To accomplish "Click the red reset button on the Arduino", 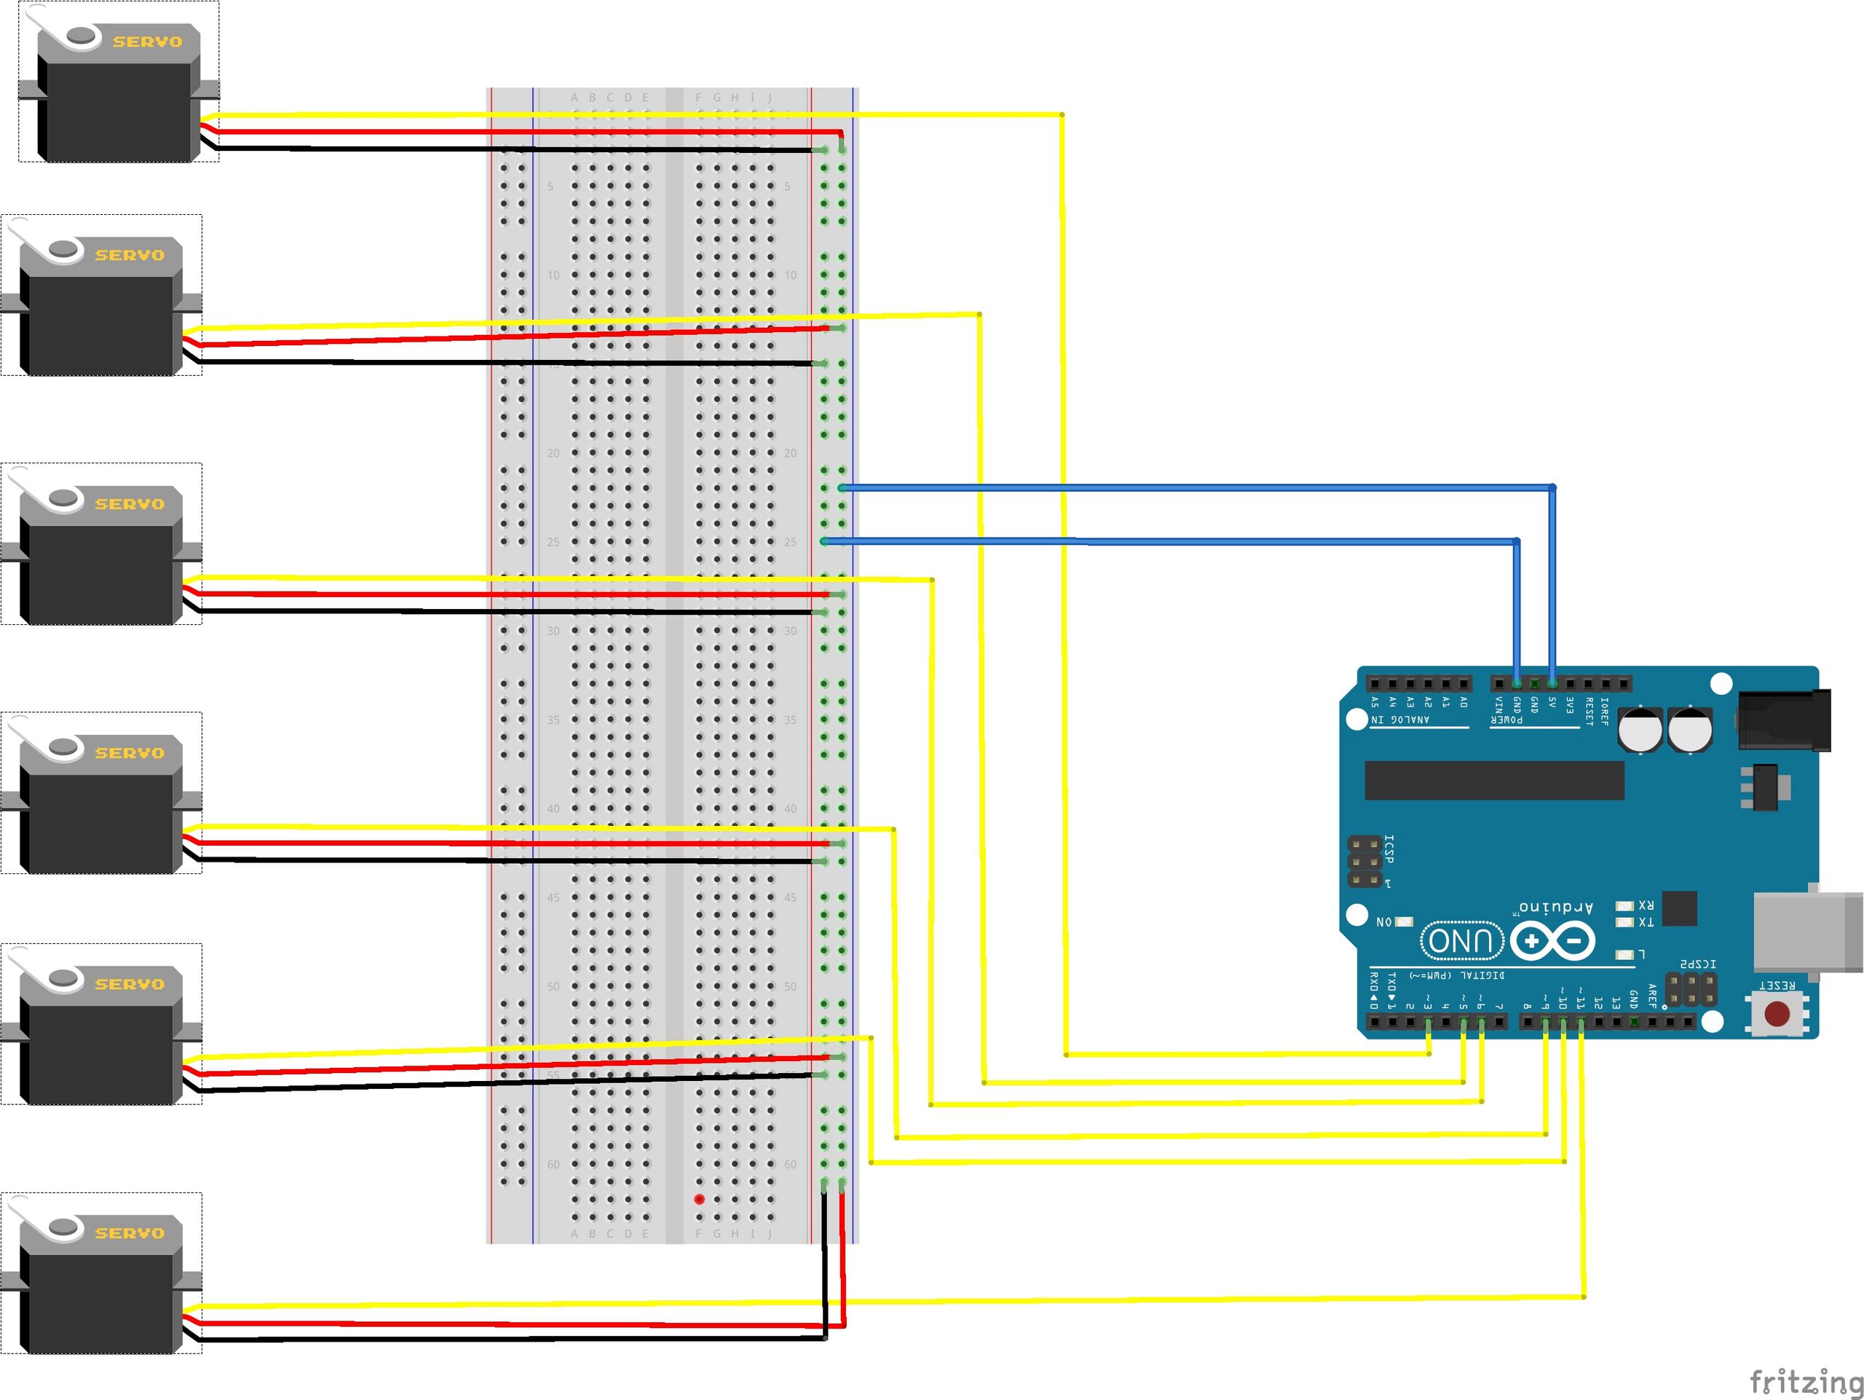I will pos(1777,1013).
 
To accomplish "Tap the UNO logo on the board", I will pos(1462,940).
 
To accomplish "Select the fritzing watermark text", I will pos(1805,1383).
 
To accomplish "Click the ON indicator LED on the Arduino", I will pos(1404,921).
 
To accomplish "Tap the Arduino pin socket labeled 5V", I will pos(1552,683).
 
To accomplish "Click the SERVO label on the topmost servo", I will pos(148,42).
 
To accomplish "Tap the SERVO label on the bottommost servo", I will pos(129,1233).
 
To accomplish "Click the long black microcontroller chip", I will pos(1494,779).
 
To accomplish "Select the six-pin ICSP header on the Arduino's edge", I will pos(1365,862).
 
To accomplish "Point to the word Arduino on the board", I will pos(1555,907).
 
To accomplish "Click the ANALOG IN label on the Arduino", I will pos(1400,720).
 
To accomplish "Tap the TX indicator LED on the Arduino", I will pos(1624,922).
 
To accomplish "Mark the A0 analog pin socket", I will pos(1464,683).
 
